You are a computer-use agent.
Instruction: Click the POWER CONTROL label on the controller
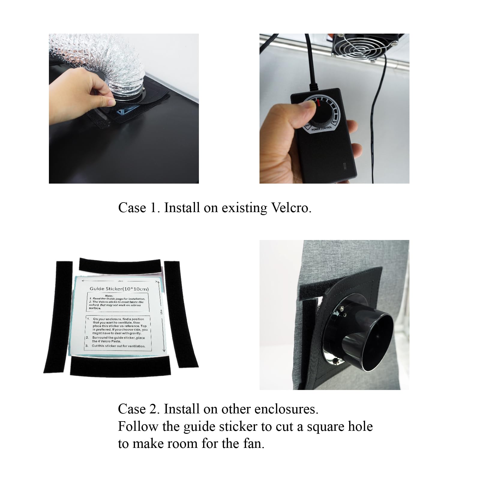pyautogui.click(x=322, y=129)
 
